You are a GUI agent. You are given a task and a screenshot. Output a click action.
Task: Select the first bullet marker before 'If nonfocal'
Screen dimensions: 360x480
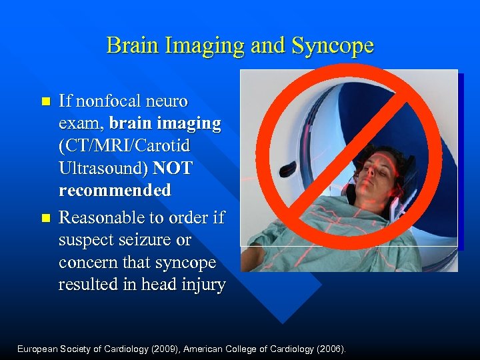coord(45,102)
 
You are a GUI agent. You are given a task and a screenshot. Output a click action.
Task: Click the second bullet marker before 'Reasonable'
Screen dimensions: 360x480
coord(45,218)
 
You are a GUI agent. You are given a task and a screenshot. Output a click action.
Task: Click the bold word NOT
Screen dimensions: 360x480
coord(173,168)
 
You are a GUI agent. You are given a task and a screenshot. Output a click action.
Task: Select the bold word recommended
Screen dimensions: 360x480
coord(115,191)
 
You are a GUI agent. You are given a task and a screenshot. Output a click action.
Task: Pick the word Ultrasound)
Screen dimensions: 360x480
coord(102,168)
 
